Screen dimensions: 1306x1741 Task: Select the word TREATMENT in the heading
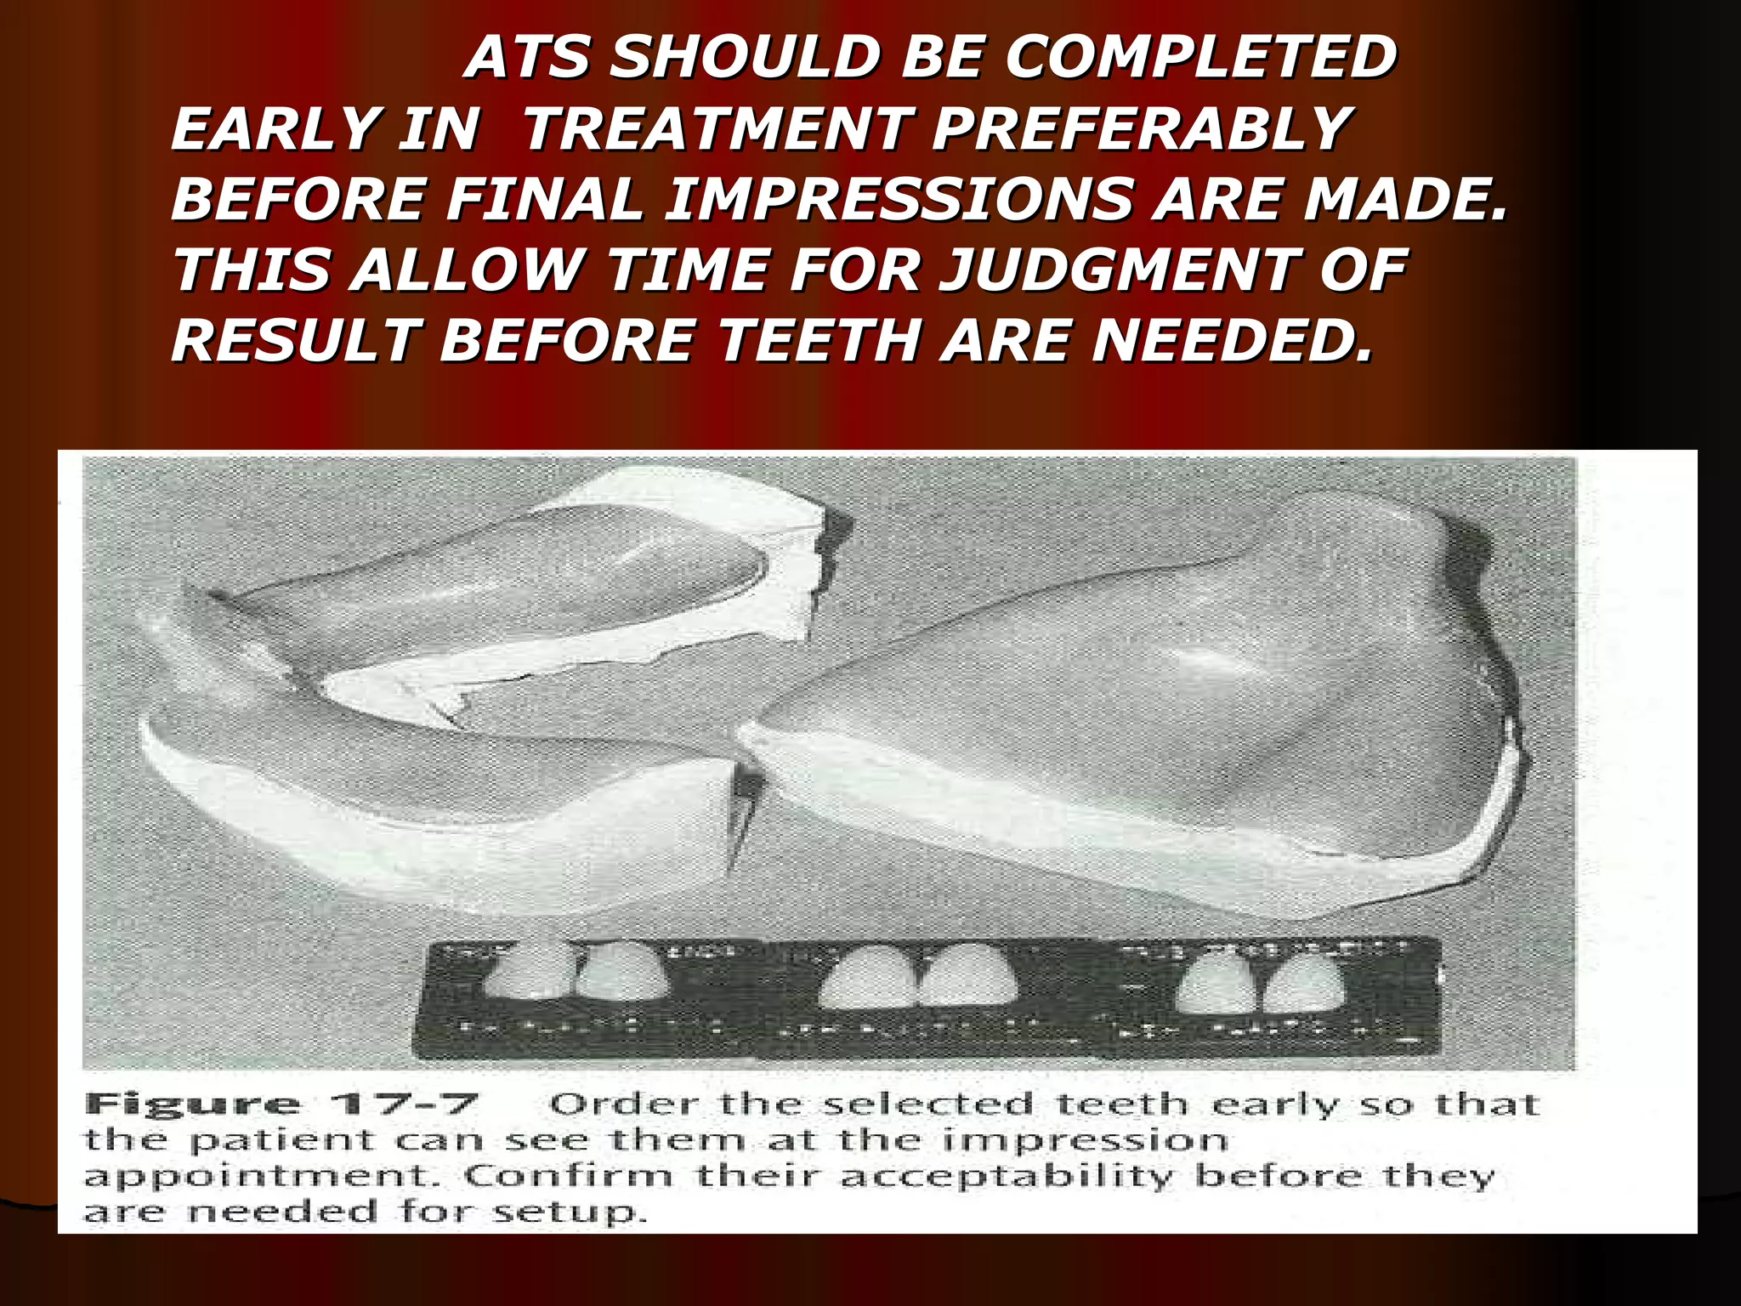click(716, 129)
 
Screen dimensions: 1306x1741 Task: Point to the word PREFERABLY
click(1141, 129)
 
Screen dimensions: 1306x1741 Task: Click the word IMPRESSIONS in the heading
click(899, 200)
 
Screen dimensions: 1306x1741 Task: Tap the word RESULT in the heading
click(296, 341)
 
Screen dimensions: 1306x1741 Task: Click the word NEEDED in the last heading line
click(1233, 341)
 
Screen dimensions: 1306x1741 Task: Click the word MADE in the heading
click(1403, 200)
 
